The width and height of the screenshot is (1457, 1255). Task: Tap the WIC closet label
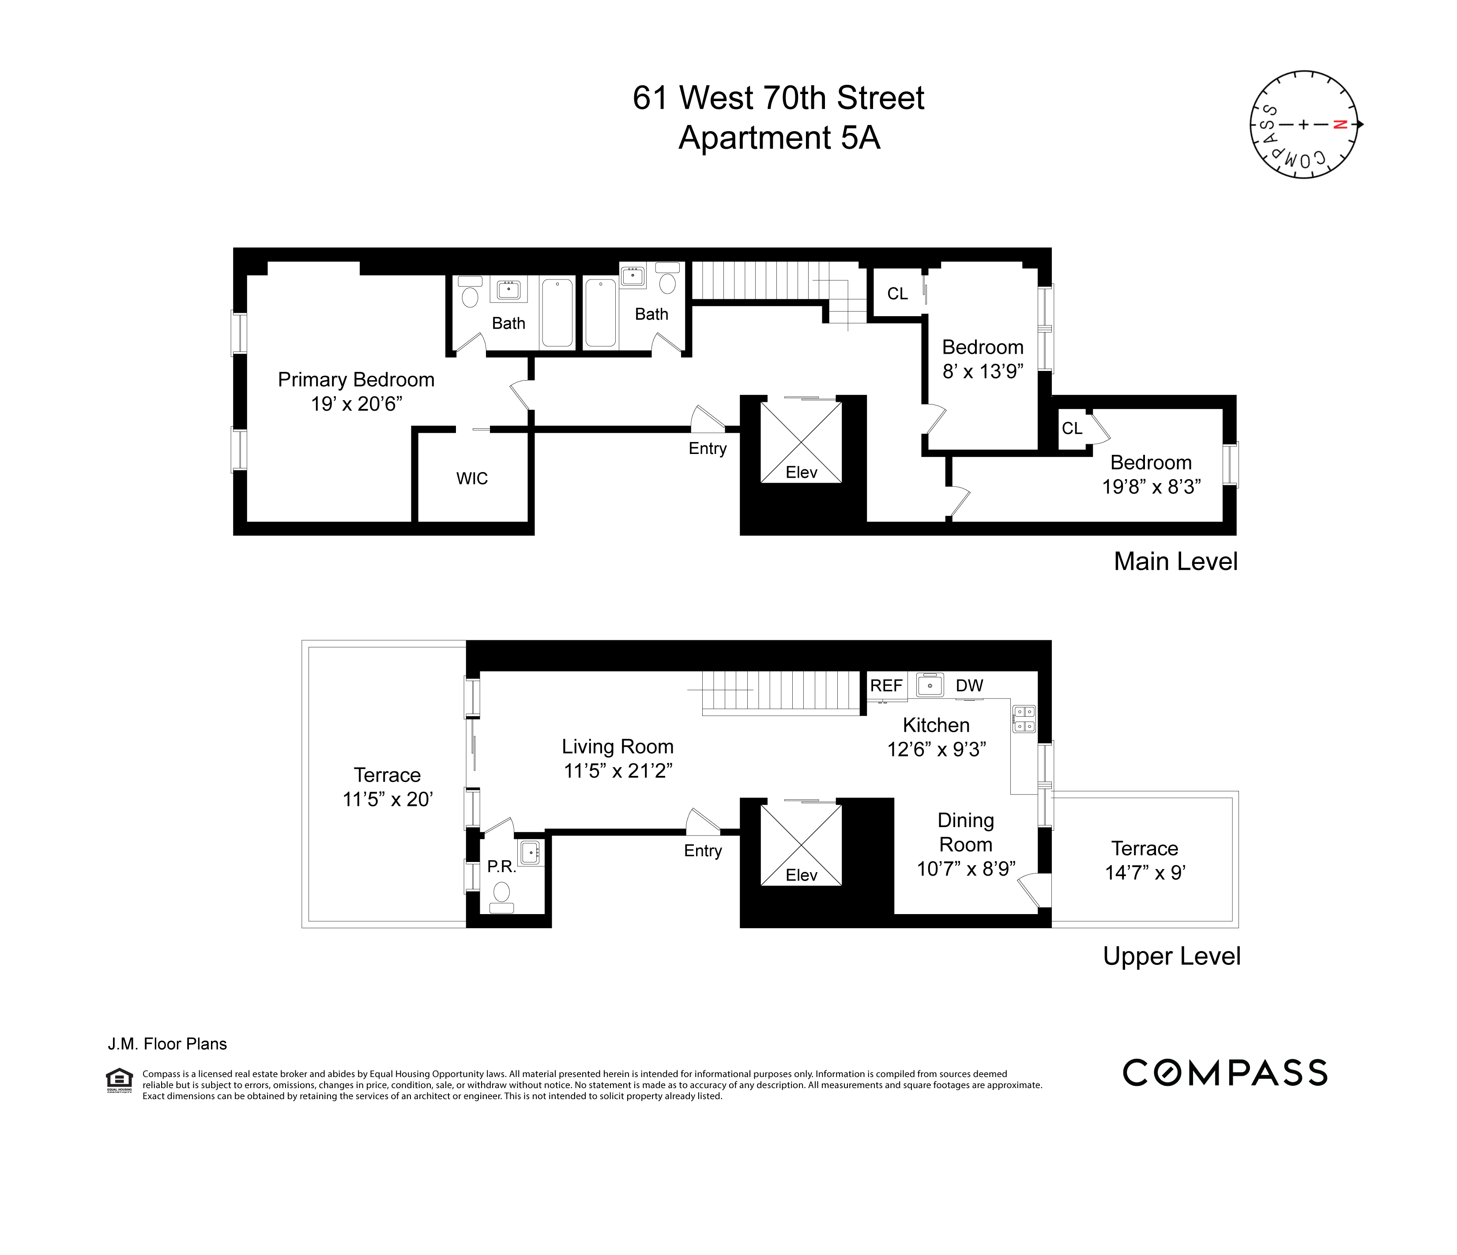(472, 478)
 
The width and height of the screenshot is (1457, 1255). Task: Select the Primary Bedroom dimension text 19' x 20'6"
(357, 404)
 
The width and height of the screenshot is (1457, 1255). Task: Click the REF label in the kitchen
(886, 685)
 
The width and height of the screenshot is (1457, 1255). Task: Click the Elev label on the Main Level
(801, 473)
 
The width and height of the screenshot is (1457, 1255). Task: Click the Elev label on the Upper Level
(801, 875)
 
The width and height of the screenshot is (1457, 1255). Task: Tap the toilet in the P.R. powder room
(501, 893)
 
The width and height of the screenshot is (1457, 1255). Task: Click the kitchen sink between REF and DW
(930, 684)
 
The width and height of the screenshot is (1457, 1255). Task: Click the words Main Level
(1175, 561)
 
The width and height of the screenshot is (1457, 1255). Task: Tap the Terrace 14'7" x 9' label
(1145, 860)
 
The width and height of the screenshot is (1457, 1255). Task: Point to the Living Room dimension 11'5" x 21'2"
(617, 771)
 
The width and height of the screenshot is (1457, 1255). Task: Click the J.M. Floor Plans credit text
(167, 1044)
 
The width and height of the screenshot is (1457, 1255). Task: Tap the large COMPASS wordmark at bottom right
(1224, 1073)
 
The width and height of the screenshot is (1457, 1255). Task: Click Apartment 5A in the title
(779, 137)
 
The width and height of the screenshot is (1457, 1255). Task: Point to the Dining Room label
(965, 832)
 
